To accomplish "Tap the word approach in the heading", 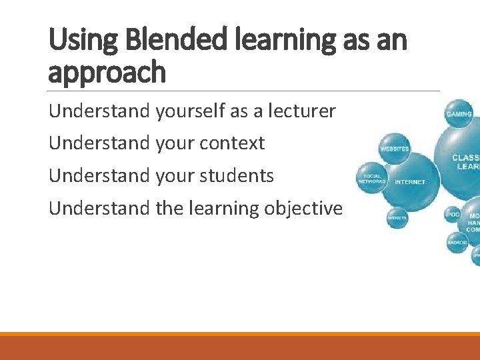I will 107,72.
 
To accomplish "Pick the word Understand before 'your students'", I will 99,176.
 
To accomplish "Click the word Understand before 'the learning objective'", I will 99,209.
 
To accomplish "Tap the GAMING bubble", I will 459,114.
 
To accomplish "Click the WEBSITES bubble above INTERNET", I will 394,149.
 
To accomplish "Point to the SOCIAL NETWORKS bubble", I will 371,179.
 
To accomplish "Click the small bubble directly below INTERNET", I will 397,217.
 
